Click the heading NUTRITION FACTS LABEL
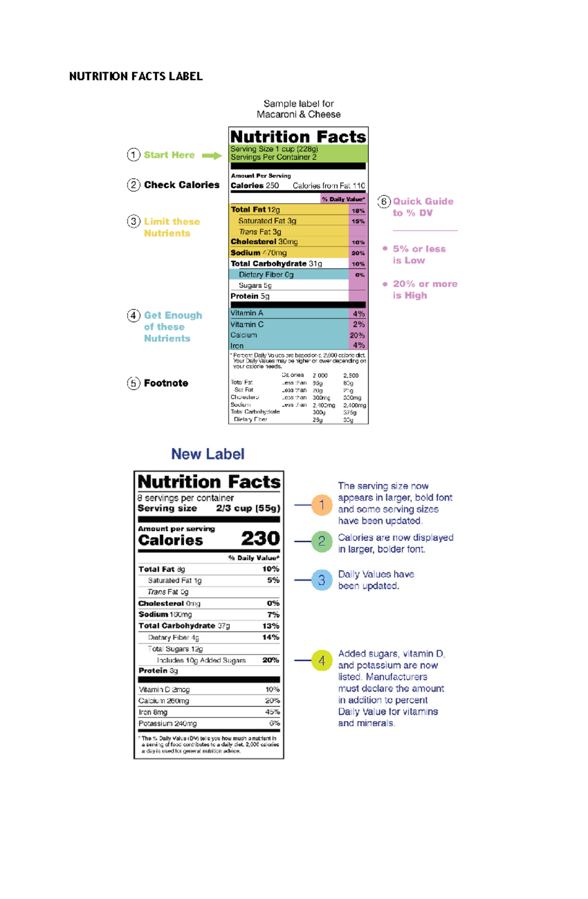pos(136,76)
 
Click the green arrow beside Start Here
pos(212,156)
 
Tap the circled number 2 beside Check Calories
pos(133,185)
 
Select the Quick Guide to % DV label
pos(422,207)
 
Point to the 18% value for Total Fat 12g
pos(358,211)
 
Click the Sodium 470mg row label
pos(259,253)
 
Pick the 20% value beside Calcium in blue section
pos(357,336)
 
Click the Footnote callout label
pos(166,383)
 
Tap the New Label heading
pos(208,454)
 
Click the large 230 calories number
pos(260,538)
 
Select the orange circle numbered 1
pos(322,505)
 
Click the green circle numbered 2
pos(322,541)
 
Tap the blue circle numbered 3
pos(322,580)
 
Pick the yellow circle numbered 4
pos(322,660)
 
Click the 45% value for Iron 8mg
pos(272,712)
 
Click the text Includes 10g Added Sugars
pos(201,660)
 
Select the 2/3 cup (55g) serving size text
pos(248,509)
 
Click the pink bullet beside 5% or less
pos(385,248)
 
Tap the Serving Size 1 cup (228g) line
pos(274,149)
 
